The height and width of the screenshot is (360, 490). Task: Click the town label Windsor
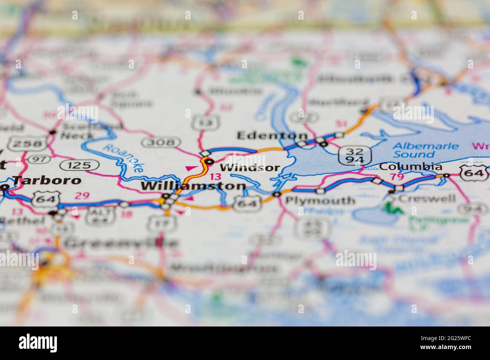click(x=250, y=168)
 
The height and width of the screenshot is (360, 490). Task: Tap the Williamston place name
click(x=193, y=186)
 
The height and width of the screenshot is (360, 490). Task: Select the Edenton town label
click(x=272, y=136)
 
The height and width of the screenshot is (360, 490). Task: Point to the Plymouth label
click(x=320, y=200)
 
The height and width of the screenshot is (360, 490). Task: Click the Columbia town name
click(x=411, y=166)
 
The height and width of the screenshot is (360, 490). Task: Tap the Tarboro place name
click(x=47, y=180)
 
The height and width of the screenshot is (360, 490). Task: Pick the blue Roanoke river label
click(x=123, y=158)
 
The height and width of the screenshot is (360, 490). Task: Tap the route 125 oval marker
click(x=80, y=165)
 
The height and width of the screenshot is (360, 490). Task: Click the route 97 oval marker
click(x=39, y=159)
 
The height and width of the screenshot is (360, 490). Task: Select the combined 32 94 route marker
click(x=355, y=156)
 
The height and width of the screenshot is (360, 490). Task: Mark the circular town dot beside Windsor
click(x=209, y=162)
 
